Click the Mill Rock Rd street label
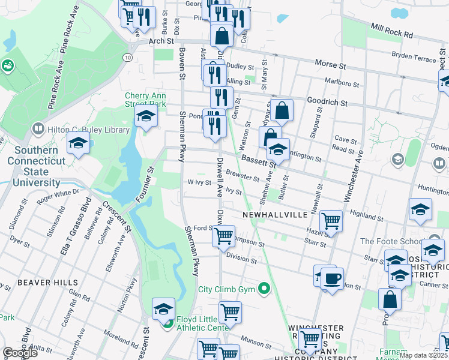[392, 31]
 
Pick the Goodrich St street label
[327, 103]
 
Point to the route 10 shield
[128, 56]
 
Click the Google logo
[20, 353]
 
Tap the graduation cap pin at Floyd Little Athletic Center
[163, 308]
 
